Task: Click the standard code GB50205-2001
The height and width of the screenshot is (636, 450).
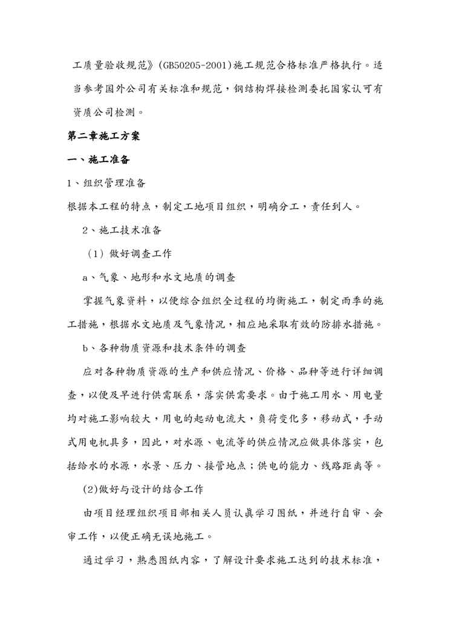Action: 192,64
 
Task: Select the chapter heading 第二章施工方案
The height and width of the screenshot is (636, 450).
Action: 103,137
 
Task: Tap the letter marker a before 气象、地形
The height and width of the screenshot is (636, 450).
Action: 85,277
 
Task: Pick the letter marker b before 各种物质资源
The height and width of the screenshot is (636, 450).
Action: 85,348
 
